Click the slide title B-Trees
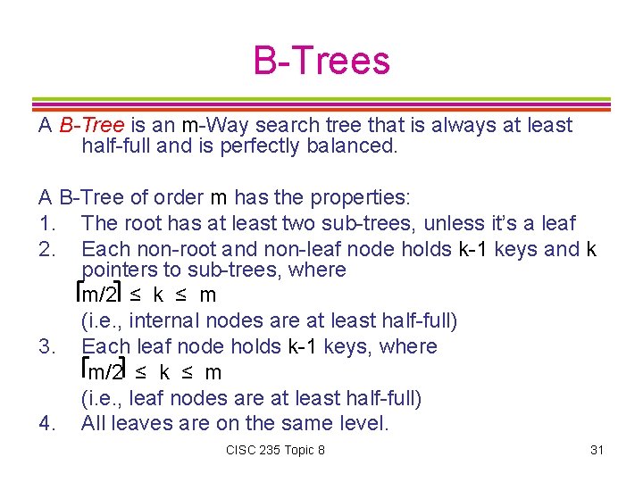point(321,61)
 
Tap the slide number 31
point(597,450)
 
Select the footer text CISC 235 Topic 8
point(276,450)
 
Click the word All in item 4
point(94,423)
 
